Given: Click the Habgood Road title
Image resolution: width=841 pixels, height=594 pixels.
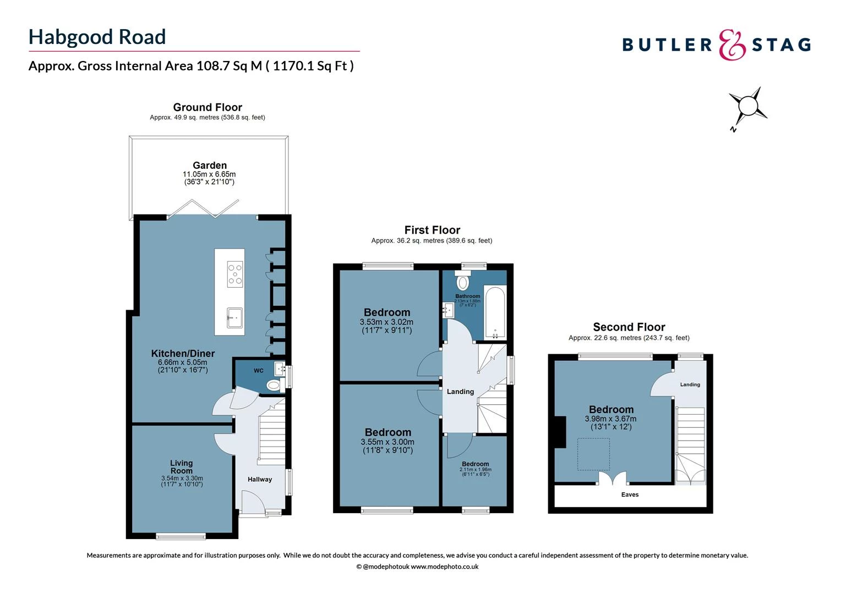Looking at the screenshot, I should (97, 37).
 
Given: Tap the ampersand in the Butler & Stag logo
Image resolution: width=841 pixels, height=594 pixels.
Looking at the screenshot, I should (733, 45).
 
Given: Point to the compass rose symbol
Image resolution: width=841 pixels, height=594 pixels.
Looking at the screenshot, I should (747, 107).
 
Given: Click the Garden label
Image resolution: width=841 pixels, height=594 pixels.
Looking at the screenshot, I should (210, 165).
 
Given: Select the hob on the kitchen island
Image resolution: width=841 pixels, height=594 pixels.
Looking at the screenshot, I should (235, 274).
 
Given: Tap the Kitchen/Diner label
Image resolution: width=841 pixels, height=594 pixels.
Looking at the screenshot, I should (183, 353).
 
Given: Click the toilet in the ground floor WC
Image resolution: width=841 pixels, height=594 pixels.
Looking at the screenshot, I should (274, 386).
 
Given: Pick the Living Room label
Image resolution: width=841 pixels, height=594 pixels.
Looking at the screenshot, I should (181, 467).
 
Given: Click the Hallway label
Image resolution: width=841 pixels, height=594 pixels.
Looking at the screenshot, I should (260, 479).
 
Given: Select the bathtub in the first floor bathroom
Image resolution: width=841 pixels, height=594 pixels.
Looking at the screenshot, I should (495, 313).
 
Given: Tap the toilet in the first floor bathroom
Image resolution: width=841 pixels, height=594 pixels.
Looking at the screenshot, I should (462, 283).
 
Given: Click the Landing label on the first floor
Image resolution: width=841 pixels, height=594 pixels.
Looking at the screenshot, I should (460, 392).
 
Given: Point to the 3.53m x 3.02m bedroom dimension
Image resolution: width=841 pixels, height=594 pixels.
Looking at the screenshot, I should (386, 322).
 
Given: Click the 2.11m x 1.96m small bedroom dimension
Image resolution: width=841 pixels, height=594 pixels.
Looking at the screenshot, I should (476, 470).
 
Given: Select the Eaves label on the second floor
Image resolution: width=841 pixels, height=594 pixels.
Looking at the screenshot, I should (630, 494).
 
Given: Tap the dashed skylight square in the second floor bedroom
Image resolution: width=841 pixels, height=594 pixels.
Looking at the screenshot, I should (593, 454).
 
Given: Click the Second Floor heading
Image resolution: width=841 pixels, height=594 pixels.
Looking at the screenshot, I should (629, 327).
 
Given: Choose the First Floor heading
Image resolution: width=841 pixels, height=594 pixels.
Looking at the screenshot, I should (432, 230).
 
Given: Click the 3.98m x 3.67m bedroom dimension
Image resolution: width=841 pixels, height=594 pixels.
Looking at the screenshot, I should (611, 419).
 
